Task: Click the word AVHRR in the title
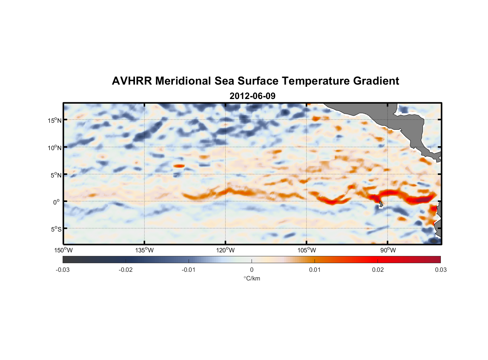pos(132,81)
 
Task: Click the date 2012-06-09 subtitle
pos(252,96)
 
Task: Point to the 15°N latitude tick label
pos(55,120)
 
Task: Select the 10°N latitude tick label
pos(55,148)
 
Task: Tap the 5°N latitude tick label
pos(56,175)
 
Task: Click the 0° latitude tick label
pos(57,202)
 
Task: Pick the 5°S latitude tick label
pos(56,229)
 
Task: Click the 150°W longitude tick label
pos(63,250)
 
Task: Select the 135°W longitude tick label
pos(144,250)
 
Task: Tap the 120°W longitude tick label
pos(226,250)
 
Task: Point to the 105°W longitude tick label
pos(307,250)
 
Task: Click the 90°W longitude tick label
pos(388,250)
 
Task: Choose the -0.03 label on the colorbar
pos(63,270)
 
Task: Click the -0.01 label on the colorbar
pos(189,270)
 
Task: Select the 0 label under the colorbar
pos(252,270)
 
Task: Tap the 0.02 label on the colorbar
pos(378,270)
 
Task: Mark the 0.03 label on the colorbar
pos(440,270)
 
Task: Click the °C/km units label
pos(252,278)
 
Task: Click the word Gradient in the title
pos(376,81)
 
